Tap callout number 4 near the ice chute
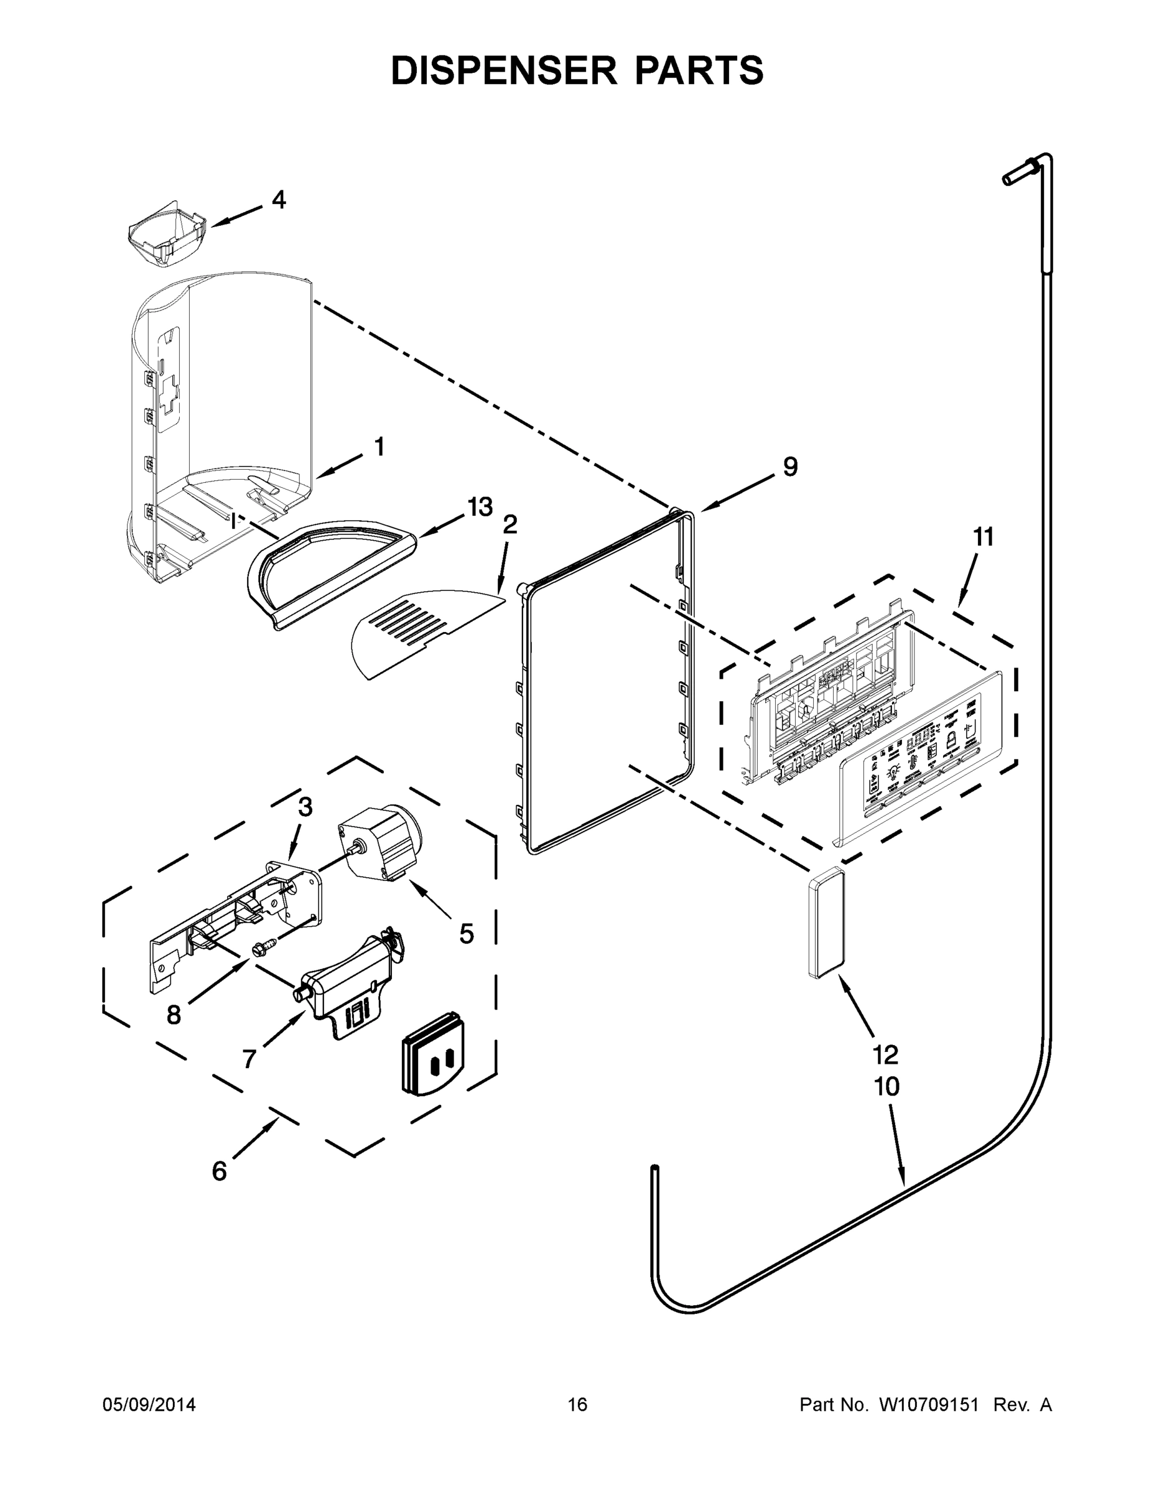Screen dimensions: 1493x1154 pos(278,200)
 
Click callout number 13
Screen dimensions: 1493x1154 pos(479,507)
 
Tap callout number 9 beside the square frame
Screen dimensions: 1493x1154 pos(789,467)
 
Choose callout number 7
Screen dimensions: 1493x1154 pos(249,1059)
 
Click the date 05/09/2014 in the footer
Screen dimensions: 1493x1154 pos(149,1404)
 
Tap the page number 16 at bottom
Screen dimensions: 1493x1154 pos(577,1404)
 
